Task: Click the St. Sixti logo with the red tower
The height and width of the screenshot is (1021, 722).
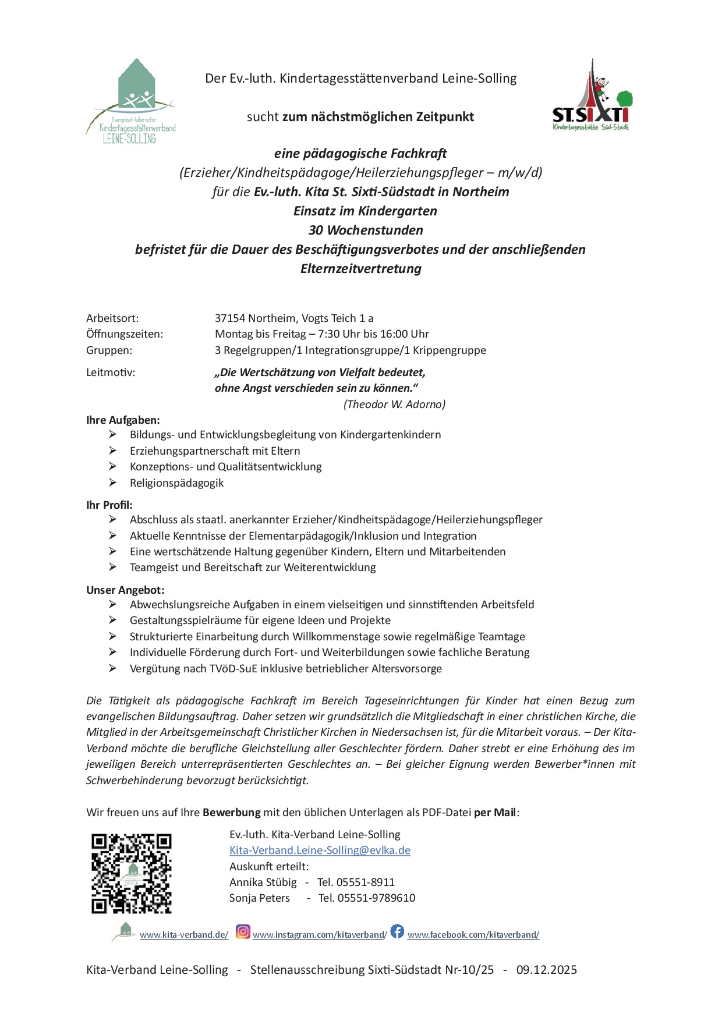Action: pos(590,95)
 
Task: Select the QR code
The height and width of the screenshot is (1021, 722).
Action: pos(132,873)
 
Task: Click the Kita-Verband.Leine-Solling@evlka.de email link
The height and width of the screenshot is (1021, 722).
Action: pos(320,850)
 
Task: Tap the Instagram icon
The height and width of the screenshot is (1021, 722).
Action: pos(243,932)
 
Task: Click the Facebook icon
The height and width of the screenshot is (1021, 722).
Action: pos(397,931)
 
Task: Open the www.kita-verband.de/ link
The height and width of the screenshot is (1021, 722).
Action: pos(183,935)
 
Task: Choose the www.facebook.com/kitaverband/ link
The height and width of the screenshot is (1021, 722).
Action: pos(473,935)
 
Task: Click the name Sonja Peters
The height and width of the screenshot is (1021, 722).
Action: pos(260,898)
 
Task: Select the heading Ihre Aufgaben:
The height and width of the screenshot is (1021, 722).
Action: pos(123,420)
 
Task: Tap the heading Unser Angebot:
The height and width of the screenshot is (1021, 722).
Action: pos(125,590)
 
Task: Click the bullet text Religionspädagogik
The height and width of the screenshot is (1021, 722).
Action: pos(176,483)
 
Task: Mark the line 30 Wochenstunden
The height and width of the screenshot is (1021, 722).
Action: pos(366,230)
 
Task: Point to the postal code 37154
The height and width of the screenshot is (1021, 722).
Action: pos(230,318)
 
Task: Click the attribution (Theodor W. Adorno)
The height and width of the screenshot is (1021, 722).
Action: pos(394,404)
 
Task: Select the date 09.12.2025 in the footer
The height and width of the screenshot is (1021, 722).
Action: pos(546,970)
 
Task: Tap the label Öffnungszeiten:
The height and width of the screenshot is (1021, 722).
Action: pos(125,334)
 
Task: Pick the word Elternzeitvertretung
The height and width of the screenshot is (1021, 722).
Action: pos(360,268)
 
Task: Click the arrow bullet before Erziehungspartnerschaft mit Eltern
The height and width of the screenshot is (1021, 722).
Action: pos(112,451)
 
